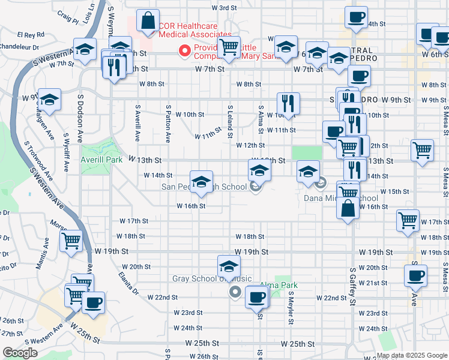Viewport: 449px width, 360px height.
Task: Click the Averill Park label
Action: tap(101, 160)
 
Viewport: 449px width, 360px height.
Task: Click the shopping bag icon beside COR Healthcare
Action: tap(148, 22)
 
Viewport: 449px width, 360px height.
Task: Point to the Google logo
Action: tap(19, 353)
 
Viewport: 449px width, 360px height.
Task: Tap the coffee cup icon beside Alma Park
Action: tap(257, 297)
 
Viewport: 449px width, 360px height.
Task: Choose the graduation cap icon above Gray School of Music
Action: tap(229, 267)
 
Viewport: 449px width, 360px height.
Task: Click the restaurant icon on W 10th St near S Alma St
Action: tap(289, 104)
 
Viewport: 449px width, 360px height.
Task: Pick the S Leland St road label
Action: tap(230, 121)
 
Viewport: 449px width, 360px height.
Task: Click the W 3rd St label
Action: tap(225, 8)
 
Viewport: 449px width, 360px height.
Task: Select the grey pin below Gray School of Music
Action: tap(235, 293)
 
